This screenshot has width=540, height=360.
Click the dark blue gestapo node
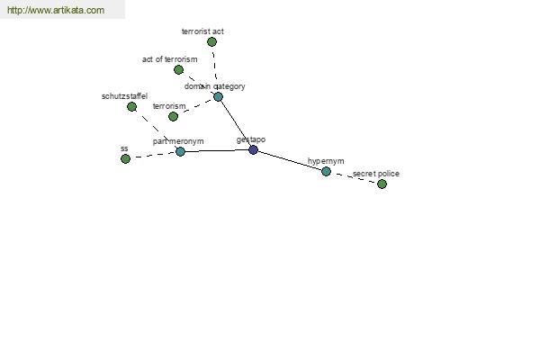click(x=253, y=149)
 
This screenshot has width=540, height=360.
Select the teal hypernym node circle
click(x=326, y=171)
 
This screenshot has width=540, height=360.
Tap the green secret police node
click(x=382, y=184)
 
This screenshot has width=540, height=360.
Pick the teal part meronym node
click(x=180, y=151)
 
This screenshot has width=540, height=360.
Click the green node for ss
click(x=125, y=158)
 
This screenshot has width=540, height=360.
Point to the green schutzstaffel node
click(x=131, y=106)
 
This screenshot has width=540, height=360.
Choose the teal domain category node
click(x=218, y=96)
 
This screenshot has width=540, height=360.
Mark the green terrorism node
click(x=173, y=116)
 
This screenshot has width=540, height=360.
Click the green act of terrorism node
click(x=178, y=69)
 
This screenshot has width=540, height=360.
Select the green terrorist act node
click(x=211, y=41)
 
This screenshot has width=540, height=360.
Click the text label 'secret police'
click(x=376, y=173)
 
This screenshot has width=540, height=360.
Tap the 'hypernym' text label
click(x=326, y=161)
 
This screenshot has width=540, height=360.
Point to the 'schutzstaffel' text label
click(x=124, y=95)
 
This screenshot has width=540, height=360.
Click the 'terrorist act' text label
click(x=202, y=31)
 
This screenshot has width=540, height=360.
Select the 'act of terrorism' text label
click(x=169, y=59)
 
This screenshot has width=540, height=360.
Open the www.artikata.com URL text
click(x=56, y=11)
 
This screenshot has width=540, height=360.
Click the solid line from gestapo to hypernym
click(x=290, y=160)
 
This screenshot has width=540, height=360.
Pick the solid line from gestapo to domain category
click(x=236, y=123)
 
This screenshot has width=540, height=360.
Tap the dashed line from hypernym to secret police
click(x=354, y=177)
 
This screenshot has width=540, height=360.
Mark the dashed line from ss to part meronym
click(x=153, y=155)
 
